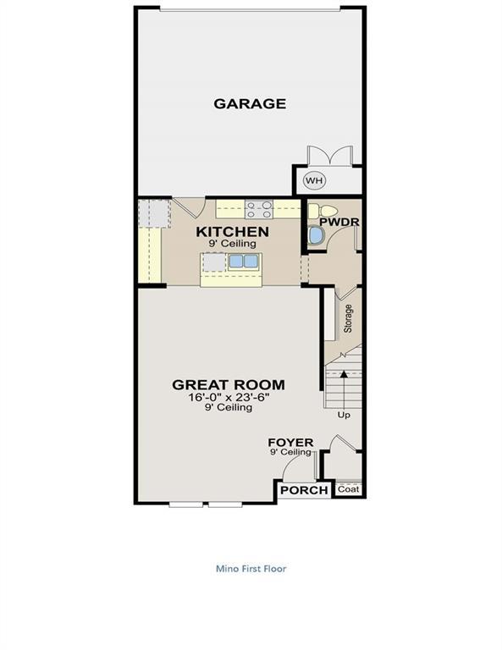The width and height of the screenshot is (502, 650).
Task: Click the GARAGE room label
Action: pos(249,104)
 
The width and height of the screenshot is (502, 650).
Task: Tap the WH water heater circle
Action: pos(314,180)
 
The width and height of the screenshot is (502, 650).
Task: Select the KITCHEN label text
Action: pos(232,231)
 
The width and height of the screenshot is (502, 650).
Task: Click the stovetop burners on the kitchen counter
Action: pos(259,207)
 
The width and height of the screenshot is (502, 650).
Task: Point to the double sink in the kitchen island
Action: pos(243,262)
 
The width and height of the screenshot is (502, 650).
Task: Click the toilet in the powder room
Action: pos(324,211)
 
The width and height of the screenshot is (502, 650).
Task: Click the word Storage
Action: pos(347,318)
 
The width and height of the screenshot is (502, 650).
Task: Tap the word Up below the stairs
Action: pos(344,416)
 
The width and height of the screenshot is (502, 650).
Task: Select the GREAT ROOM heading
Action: pos(229,384)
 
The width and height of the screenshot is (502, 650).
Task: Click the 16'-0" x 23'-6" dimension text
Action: pos(229,397)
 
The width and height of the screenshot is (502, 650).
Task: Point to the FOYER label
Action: pos(290,443)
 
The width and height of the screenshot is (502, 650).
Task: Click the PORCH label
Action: pos(304,491)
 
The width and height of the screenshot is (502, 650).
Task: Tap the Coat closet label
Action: pos(348,489)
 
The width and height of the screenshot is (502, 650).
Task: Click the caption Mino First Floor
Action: pos(251,569)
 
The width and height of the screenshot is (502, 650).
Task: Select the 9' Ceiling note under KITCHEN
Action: pos(232,243)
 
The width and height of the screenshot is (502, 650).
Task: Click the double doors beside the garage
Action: pos(329,157)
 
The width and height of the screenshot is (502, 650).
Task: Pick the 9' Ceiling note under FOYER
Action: pos(290,452)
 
